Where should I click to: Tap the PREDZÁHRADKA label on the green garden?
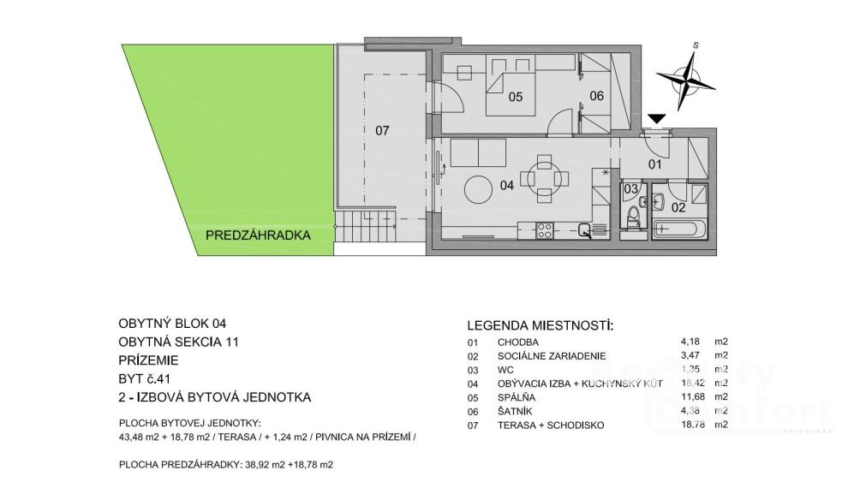pos(257,235)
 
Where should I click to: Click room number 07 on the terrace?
pos(382,131)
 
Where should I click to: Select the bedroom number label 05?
pos(515,97)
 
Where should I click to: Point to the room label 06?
pos(597,96)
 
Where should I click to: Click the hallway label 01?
pos(655,164)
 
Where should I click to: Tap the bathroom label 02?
pos(678,206)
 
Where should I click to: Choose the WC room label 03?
pos(631,188)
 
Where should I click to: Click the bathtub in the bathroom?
pos(679,229)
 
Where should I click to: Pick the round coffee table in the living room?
pos(478,190)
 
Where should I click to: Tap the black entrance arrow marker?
pos(657,119)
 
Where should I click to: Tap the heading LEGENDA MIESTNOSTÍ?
pos(541,326)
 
